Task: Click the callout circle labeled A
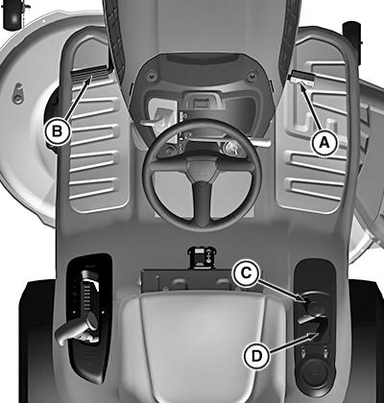tap(324, 143)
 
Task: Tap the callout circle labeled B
tap(57, 131)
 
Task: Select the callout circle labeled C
tap(246, 273)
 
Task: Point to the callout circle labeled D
tap(256, 356)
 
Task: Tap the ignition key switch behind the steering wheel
tap(231, 148)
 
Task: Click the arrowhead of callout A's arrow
tap(301, 84)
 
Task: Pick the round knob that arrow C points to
tap(314, 306)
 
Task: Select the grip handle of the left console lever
tap(76, 329)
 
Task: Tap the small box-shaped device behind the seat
tap(202, 256)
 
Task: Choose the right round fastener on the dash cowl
tap(252, 76)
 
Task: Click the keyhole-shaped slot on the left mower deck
tap(17, 93)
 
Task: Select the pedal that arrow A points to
tap(301, 80)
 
